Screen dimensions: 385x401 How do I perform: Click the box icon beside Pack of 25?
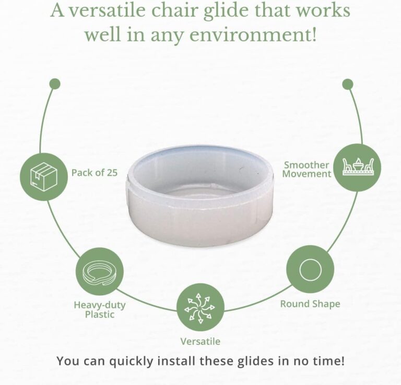click(44, 176)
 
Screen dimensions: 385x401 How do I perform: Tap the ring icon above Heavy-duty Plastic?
click(100, 271)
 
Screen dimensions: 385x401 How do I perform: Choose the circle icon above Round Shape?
click(310, 269)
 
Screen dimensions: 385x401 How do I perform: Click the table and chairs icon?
click(357, 167)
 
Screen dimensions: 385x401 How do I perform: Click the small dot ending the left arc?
click(55, 84)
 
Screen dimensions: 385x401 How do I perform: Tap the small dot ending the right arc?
click(348, 84)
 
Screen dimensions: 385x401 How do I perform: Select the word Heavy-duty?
click(100, 305)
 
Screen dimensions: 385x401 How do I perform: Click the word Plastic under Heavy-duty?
click(100, 314)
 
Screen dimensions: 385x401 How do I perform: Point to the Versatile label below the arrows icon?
click(200, 342)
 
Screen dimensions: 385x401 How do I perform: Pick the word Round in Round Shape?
click(295, 304)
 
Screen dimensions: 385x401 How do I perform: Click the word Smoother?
click(306, 165)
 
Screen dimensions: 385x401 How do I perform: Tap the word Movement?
click(306, 174)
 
